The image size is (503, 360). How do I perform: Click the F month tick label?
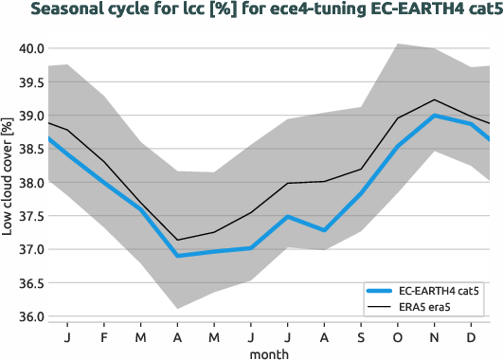103,338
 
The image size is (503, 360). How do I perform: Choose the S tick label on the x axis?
361,338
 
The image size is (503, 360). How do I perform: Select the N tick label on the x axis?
435,338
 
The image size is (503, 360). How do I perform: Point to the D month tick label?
472,338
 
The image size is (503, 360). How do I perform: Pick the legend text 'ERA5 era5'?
429,308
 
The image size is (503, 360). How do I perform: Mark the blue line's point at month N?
435,116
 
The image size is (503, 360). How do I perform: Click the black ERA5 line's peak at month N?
435,99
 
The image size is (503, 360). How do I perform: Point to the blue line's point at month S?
361,193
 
